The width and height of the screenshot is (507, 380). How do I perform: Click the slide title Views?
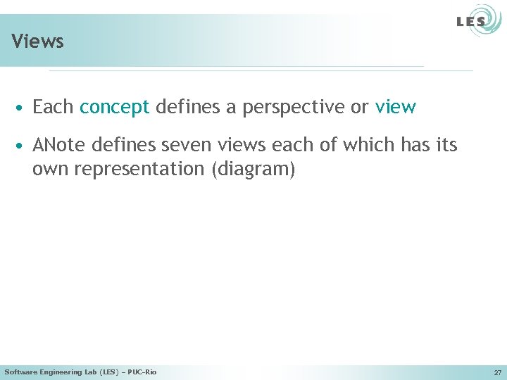[38, 42]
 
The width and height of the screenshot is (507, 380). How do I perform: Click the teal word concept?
[115, 107]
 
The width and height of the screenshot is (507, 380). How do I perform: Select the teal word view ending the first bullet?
[396, 107]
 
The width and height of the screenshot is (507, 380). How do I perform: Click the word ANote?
[57, 146]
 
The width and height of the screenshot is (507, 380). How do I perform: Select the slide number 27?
[497, 372]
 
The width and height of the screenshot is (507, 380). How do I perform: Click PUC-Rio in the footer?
[142, 372]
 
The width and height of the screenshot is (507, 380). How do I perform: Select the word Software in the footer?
[20, 372]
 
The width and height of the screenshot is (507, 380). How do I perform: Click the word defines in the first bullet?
[184, 107]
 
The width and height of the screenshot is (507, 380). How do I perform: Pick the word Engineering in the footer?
[61, 372]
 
